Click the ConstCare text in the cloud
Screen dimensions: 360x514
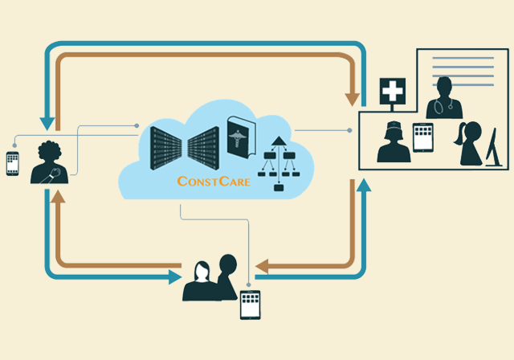tap(213, 181)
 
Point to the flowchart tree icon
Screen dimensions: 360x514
tap(279, 164)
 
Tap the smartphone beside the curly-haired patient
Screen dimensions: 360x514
tap(12, 163)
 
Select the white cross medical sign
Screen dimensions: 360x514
tap(391, 92)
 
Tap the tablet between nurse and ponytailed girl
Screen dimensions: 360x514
tap(423, 137)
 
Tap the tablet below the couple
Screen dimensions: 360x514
tap(251, 305)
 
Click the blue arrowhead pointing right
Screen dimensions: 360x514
tap(174, 277)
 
